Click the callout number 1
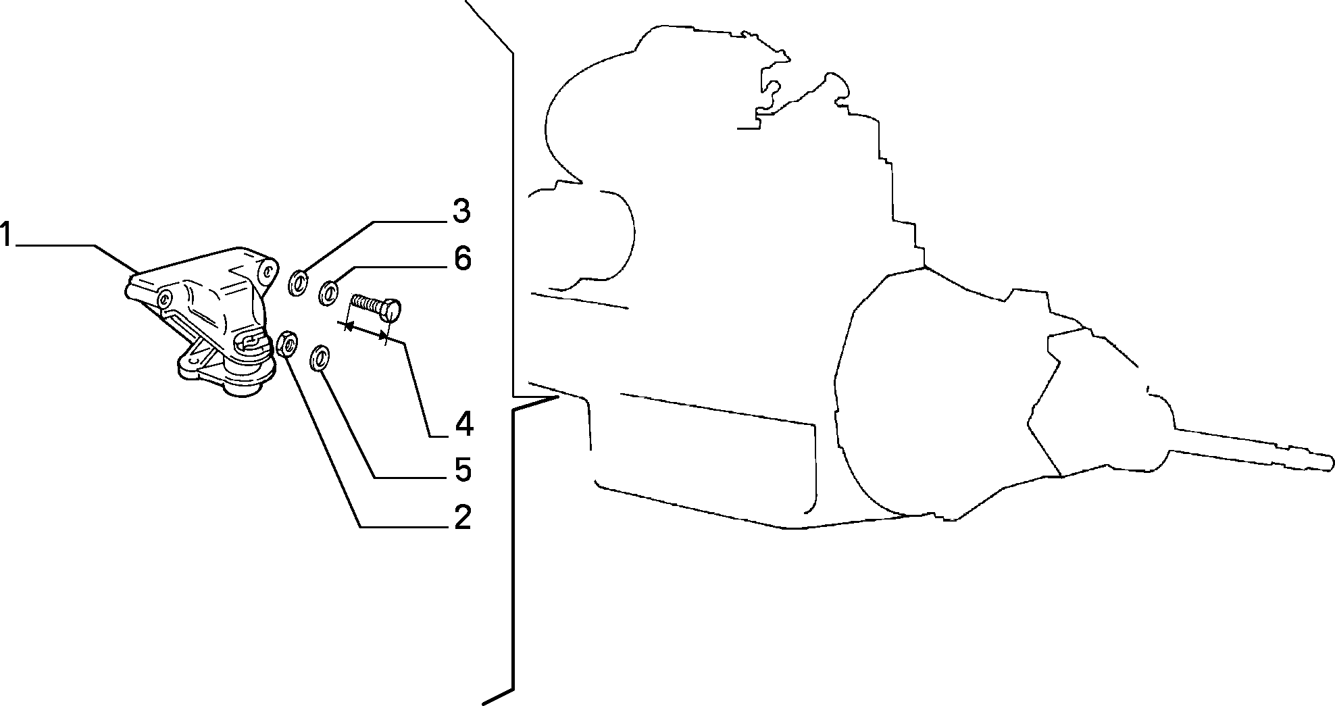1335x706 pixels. click(6, 236)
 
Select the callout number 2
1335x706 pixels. click(462, 517)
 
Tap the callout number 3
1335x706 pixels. click(461, 211)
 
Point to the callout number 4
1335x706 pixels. click(463, 424)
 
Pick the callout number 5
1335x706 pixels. click(463, 470)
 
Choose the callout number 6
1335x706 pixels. click(462, 258)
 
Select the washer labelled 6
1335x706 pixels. click(328, 294)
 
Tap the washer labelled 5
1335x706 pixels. click(320, 358)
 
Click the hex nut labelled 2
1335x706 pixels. click(287, 345)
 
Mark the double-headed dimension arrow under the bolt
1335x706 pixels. click(366, 330)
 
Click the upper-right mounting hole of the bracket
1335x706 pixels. click(268, 272)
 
